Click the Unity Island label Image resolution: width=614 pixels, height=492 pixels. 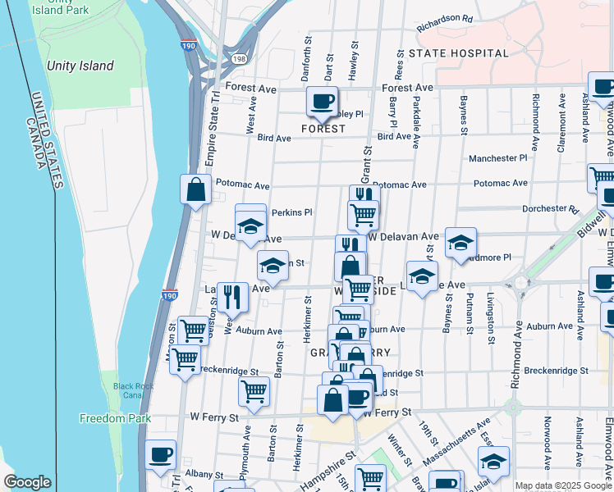coord(80,66)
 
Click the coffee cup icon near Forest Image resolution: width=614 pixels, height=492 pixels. coord(322,102)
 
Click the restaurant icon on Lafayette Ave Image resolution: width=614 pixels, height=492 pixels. coord(235,297)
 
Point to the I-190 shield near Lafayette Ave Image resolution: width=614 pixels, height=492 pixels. coord(169,294)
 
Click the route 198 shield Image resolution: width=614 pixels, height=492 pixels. coord(239,59)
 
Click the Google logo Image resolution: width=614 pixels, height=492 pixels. coord(27,482)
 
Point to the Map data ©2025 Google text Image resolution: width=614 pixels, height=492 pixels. coord(563,485)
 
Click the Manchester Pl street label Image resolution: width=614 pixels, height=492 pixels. coord(497,158)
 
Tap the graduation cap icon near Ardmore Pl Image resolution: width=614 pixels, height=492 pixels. coord(460,242)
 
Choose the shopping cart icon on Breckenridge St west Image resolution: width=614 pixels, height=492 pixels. coord(186,358)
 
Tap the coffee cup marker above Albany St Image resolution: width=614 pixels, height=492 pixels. coord(161,454)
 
